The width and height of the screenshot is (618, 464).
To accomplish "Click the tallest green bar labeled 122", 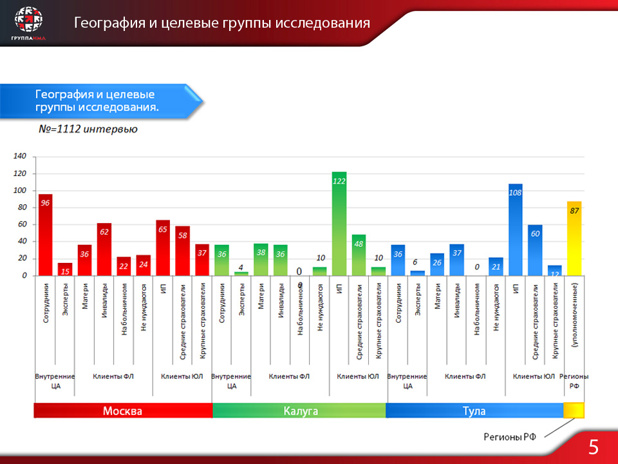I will coord(339,226).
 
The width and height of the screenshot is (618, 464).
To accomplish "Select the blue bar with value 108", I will coord(515,232).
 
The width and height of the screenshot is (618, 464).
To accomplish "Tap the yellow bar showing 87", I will coord(574,242).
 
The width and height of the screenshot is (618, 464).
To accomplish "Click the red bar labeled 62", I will coord(104,251).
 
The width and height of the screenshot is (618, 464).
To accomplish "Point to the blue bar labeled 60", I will coord(535,251).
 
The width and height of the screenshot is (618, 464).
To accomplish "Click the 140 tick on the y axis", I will coord(20,157).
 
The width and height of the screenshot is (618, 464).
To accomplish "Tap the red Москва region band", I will coord(123,411).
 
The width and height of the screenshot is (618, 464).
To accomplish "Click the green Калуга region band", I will coord(300,411).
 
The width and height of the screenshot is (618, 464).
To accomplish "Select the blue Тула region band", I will coord(474,411).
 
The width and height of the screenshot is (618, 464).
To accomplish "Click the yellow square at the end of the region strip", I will coord(574,411).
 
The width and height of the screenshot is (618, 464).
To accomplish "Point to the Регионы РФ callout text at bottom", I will coord(510,437).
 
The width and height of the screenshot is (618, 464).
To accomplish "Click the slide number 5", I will coord(594,447).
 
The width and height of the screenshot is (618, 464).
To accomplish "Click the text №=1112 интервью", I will coord(88,129).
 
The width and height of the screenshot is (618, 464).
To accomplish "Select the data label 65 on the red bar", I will coord(163,229).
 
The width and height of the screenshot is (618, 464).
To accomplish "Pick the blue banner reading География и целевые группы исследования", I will coord(103,101).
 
